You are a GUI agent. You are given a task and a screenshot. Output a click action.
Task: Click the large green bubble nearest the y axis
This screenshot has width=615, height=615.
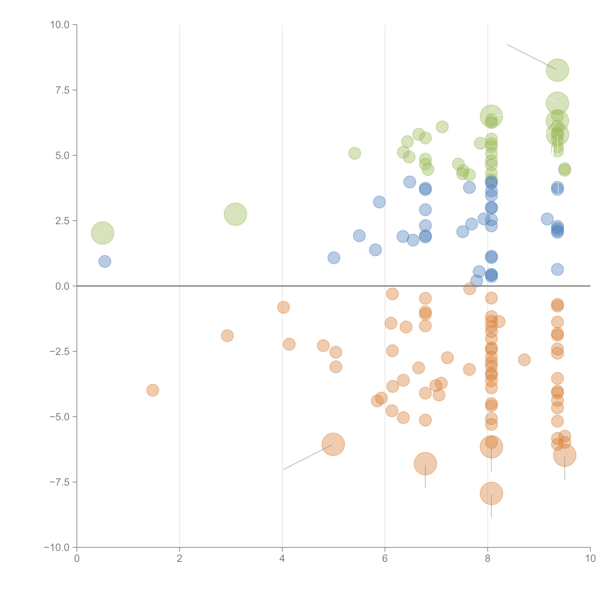[102, 233]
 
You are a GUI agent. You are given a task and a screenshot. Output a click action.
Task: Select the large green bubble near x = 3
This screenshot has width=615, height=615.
[235, 214]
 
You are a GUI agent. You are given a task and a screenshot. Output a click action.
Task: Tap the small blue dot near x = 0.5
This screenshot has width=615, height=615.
[105, 261]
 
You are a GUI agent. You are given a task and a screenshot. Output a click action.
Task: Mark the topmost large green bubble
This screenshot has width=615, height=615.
[557, 70]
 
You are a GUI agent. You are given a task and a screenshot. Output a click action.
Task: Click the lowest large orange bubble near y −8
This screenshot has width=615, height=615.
[491, 493]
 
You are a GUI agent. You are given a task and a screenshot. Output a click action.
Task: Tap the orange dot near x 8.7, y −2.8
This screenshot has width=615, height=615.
[524, 360]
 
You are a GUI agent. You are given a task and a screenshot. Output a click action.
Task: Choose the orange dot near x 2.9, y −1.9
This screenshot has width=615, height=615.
[227, 336]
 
